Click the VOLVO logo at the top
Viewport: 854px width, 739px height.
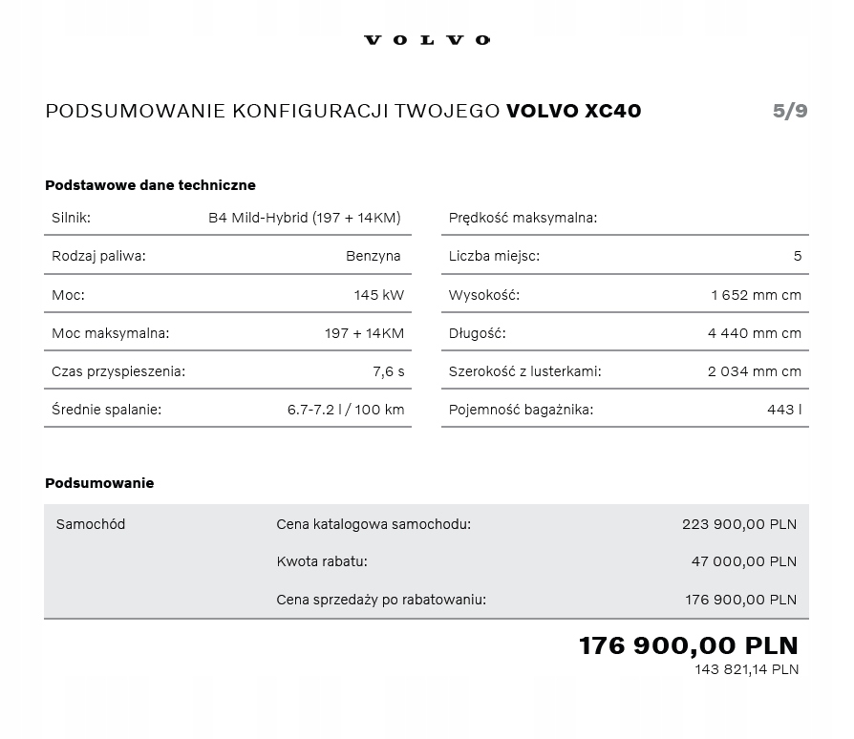[427, 40]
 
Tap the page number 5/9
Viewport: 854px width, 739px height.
[790, 111]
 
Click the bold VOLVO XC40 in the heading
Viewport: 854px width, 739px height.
[573, 111]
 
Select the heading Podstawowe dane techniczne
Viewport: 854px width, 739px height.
[150, 185]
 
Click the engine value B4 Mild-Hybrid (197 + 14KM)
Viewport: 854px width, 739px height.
[304, 218]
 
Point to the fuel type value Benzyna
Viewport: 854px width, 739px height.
[374, 256]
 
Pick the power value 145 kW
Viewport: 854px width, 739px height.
[378, 295]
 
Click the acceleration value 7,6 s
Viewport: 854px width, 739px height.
[388, 371]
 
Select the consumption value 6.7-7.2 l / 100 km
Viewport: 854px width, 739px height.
[345, 410]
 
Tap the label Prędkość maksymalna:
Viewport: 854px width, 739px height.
[523, 218]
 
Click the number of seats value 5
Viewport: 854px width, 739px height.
[798, 256]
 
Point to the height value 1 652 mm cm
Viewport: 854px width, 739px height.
[756, 295]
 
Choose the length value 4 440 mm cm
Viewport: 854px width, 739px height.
[755, 333]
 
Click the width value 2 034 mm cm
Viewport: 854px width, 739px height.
[755, 371]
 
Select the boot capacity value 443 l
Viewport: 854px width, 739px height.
[784, 410]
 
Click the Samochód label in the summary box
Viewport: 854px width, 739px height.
[91, 524]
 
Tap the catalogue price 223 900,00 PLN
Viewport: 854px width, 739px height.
[738, 524]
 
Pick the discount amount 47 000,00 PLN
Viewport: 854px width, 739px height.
[743, 561]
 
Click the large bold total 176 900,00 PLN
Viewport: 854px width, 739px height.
[688, 645]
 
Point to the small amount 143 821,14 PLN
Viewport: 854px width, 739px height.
[746, 669]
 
